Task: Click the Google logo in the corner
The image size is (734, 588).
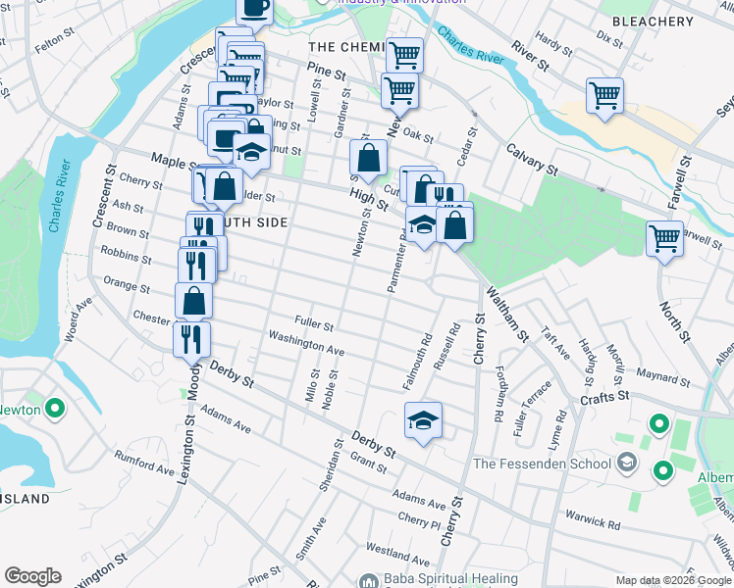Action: (x=32, y=576)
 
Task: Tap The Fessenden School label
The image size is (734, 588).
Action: (x=542, y=464)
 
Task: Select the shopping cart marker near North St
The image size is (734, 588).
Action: (x=664, y=237)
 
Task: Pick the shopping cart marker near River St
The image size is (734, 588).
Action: (x=604, y=96)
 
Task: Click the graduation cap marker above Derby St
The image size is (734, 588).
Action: (x=423, y=420)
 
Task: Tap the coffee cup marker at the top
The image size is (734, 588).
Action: (x=254, y=8)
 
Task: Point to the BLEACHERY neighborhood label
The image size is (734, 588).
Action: (x=652, y=22)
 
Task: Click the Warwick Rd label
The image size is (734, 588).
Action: (x=594, y=519)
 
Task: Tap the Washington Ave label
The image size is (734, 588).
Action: (x=306, y=341)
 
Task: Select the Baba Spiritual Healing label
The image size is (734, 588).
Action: (x=439, y=579)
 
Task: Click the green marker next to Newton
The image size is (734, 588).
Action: (x=55, y=408)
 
